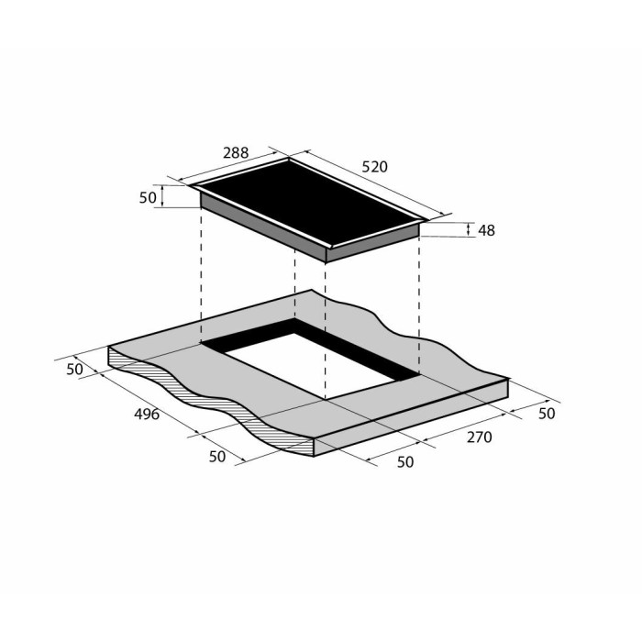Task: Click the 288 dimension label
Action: pos(236,153)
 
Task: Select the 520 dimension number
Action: pos(374,167)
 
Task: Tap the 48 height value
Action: pos(486,230)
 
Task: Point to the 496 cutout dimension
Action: pos(147,415)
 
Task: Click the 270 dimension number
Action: pos(479,437)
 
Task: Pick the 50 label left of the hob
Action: pos(148,198)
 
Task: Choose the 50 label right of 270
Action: pos(547,414)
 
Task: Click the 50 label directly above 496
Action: pos(74,370)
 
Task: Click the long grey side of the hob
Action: pos(262,227)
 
